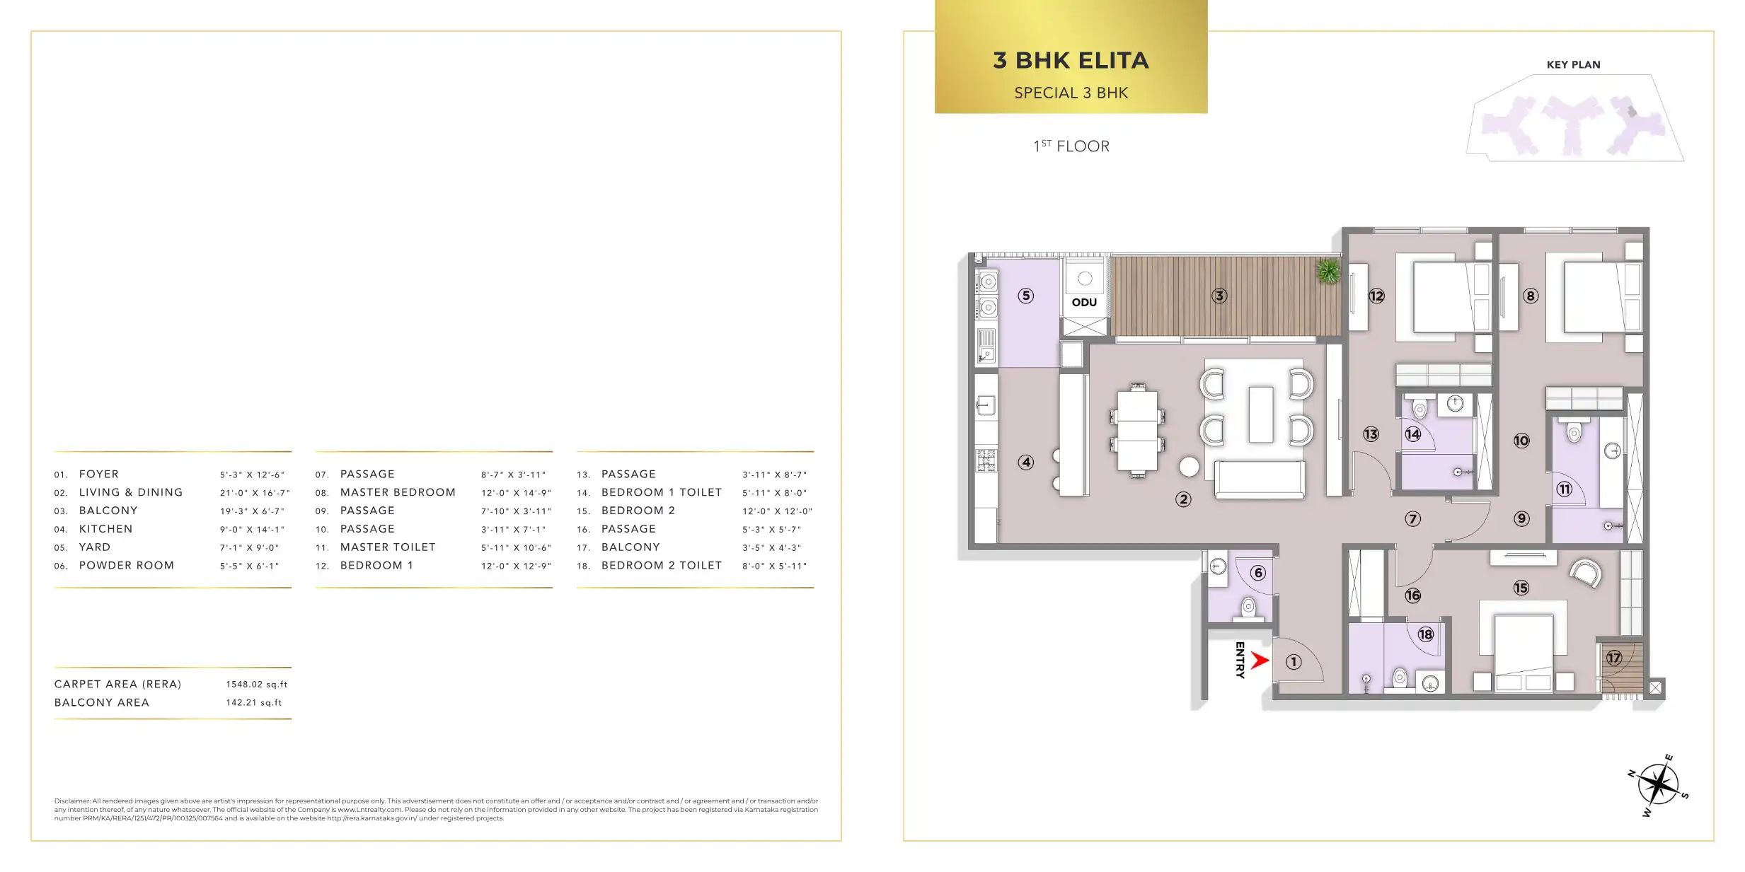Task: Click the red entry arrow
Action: tap(1259, 661)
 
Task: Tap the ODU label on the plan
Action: tap(1084, 303)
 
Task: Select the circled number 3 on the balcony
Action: tap(1219, 296)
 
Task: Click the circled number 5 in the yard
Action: tap(1026, 296)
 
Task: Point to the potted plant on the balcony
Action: tap(1328, 271)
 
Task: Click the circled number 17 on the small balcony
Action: tap(1614, 658)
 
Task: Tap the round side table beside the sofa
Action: tap(1190, 466)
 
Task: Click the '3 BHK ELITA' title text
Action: tap(1071, 61)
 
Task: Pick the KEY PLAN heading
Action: tap(1573, 64)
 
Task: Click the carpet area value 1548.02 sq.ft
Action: tap(256, 685)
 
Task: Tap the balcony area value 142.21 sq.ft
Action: tap(253, 703)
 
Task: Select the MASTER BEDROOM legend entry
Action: tap(398, 492)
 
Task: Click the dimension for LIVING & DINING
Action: tap(255, 492)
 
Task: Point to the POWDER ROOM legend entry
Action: tap(127, 565)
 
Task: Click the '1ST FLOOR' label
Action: tap(1071, 146)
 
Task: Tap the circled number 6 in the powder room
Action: tap(1257, 573)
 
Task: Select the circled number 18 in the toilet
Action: tap(1425, 634)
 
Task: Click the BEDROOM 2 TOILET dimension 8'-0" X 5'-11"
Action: tap(774, 566)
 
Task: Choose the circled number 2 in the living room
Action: tap(1183, 499)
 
